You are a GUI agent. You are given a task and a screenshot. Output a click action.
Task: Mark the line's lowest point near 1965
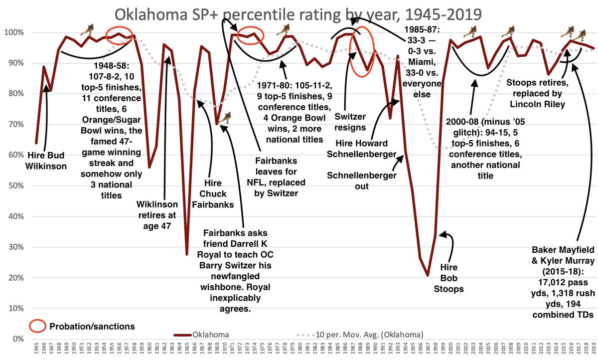click(x=187, y=254)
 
